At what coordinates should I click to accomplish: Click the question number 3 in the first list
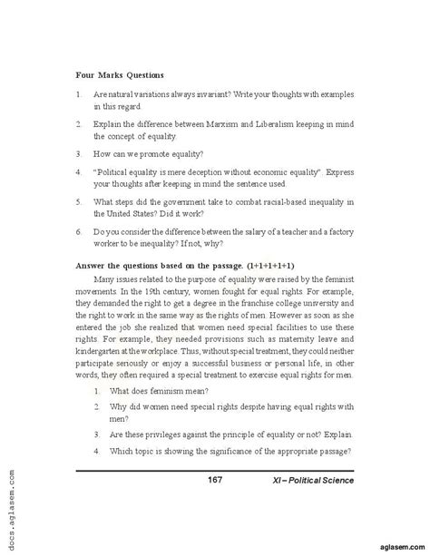coord(80,153)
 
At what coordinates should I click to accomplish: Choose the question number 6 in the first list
coord(80,231)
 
